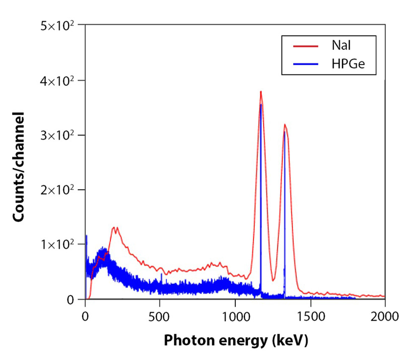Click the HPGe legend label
coord(348,64)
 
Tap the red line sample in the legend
coord(306,46)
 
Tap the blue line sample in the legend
coord(306,65)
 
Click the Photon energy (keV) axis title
coord(235,341)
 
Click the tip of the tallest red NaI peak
coord(261,92)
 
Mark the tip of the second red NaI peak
coord(285,124)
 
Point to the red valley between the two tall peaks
coord(273,280)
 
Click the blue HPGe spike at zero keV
coord(86,236)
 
